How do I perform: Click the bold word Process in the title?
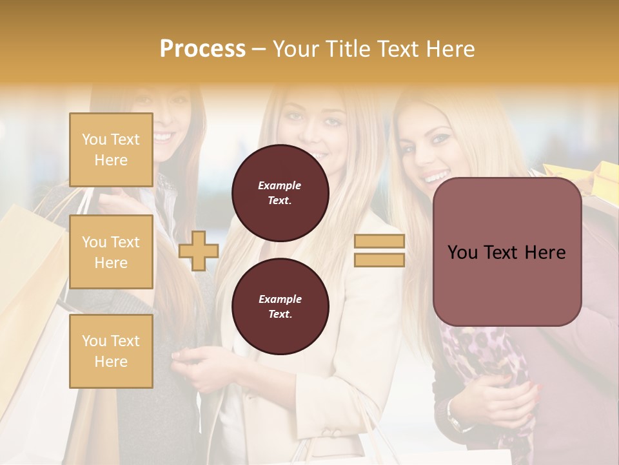click(202, 49)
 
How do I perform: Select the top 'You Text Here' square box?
click(111, 150)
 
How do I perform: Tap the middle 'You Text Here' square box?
click(111, 252)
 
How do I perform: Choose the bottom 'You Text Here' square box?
click(111, 351)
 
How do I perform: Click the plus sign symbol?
click(199, 251)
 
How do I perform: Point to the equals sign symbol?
click(379, 251)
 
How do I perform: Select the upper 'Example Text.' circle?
click(280, 193)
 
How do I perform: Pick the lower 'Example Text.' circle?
click(280, 307)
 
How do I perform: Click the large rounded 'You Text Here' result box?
click(507, 252)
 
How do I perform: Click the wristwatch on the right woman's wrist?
click(455, 422)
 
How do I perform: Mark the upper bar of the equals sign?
click(379, 242)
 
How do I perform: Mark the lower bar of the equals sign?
click(379, 260)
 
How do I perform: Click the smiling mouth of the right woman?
click(437, 176)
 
